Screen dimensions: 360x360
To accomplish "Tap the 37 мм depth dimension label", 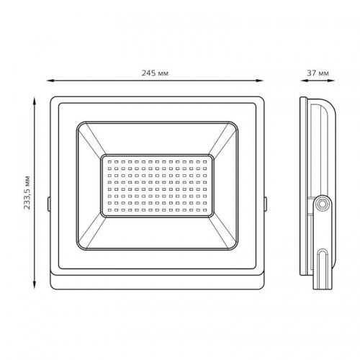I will (318, 72).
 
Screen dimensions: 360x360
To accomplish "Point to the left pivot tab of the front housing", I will (48, 203).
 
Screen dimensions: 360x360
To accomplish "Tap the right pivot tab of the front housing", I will (266, 203).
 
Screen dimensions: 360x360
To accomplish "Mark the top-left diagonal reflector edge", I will (89, 140).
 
